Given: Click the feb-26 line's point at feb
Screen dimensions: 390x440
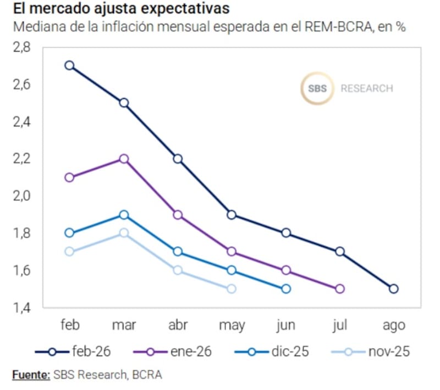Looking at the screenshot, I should coord(69,65).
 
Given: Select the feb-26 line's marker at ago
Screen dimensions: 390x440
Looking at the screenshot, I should coord(393,288).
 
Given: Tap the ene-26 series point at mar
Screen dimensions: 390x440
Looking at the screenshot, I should coord(124,159).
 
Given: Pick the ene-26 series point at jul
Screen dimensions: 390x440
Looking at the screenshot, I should coord(339,288).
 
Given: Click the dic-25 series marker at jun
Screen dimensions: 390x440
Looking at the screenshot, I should coord(286,288).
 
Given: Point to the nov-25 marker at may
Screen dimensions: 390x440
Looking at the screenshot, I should coord(232,288).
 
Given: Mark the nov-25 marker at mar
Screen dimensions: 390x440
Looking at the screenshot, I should coord(124,233).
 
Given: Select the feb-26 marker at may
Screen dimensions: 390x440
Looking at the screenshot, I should coord(232,215).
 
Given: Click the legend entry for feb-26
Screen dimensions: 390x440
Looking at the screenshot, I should coord(71,352).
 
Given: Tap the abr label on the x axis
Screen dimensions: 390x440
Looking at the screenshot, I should coord(178,325).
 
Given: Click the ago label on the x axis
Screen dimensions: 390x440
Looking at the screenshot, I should coord(393,325).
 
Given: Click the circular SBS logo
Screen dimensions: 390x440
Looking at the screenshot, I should coord(317,88).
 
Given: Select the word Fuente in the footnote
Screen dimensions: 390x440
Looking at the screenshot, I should coord(31,375).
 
